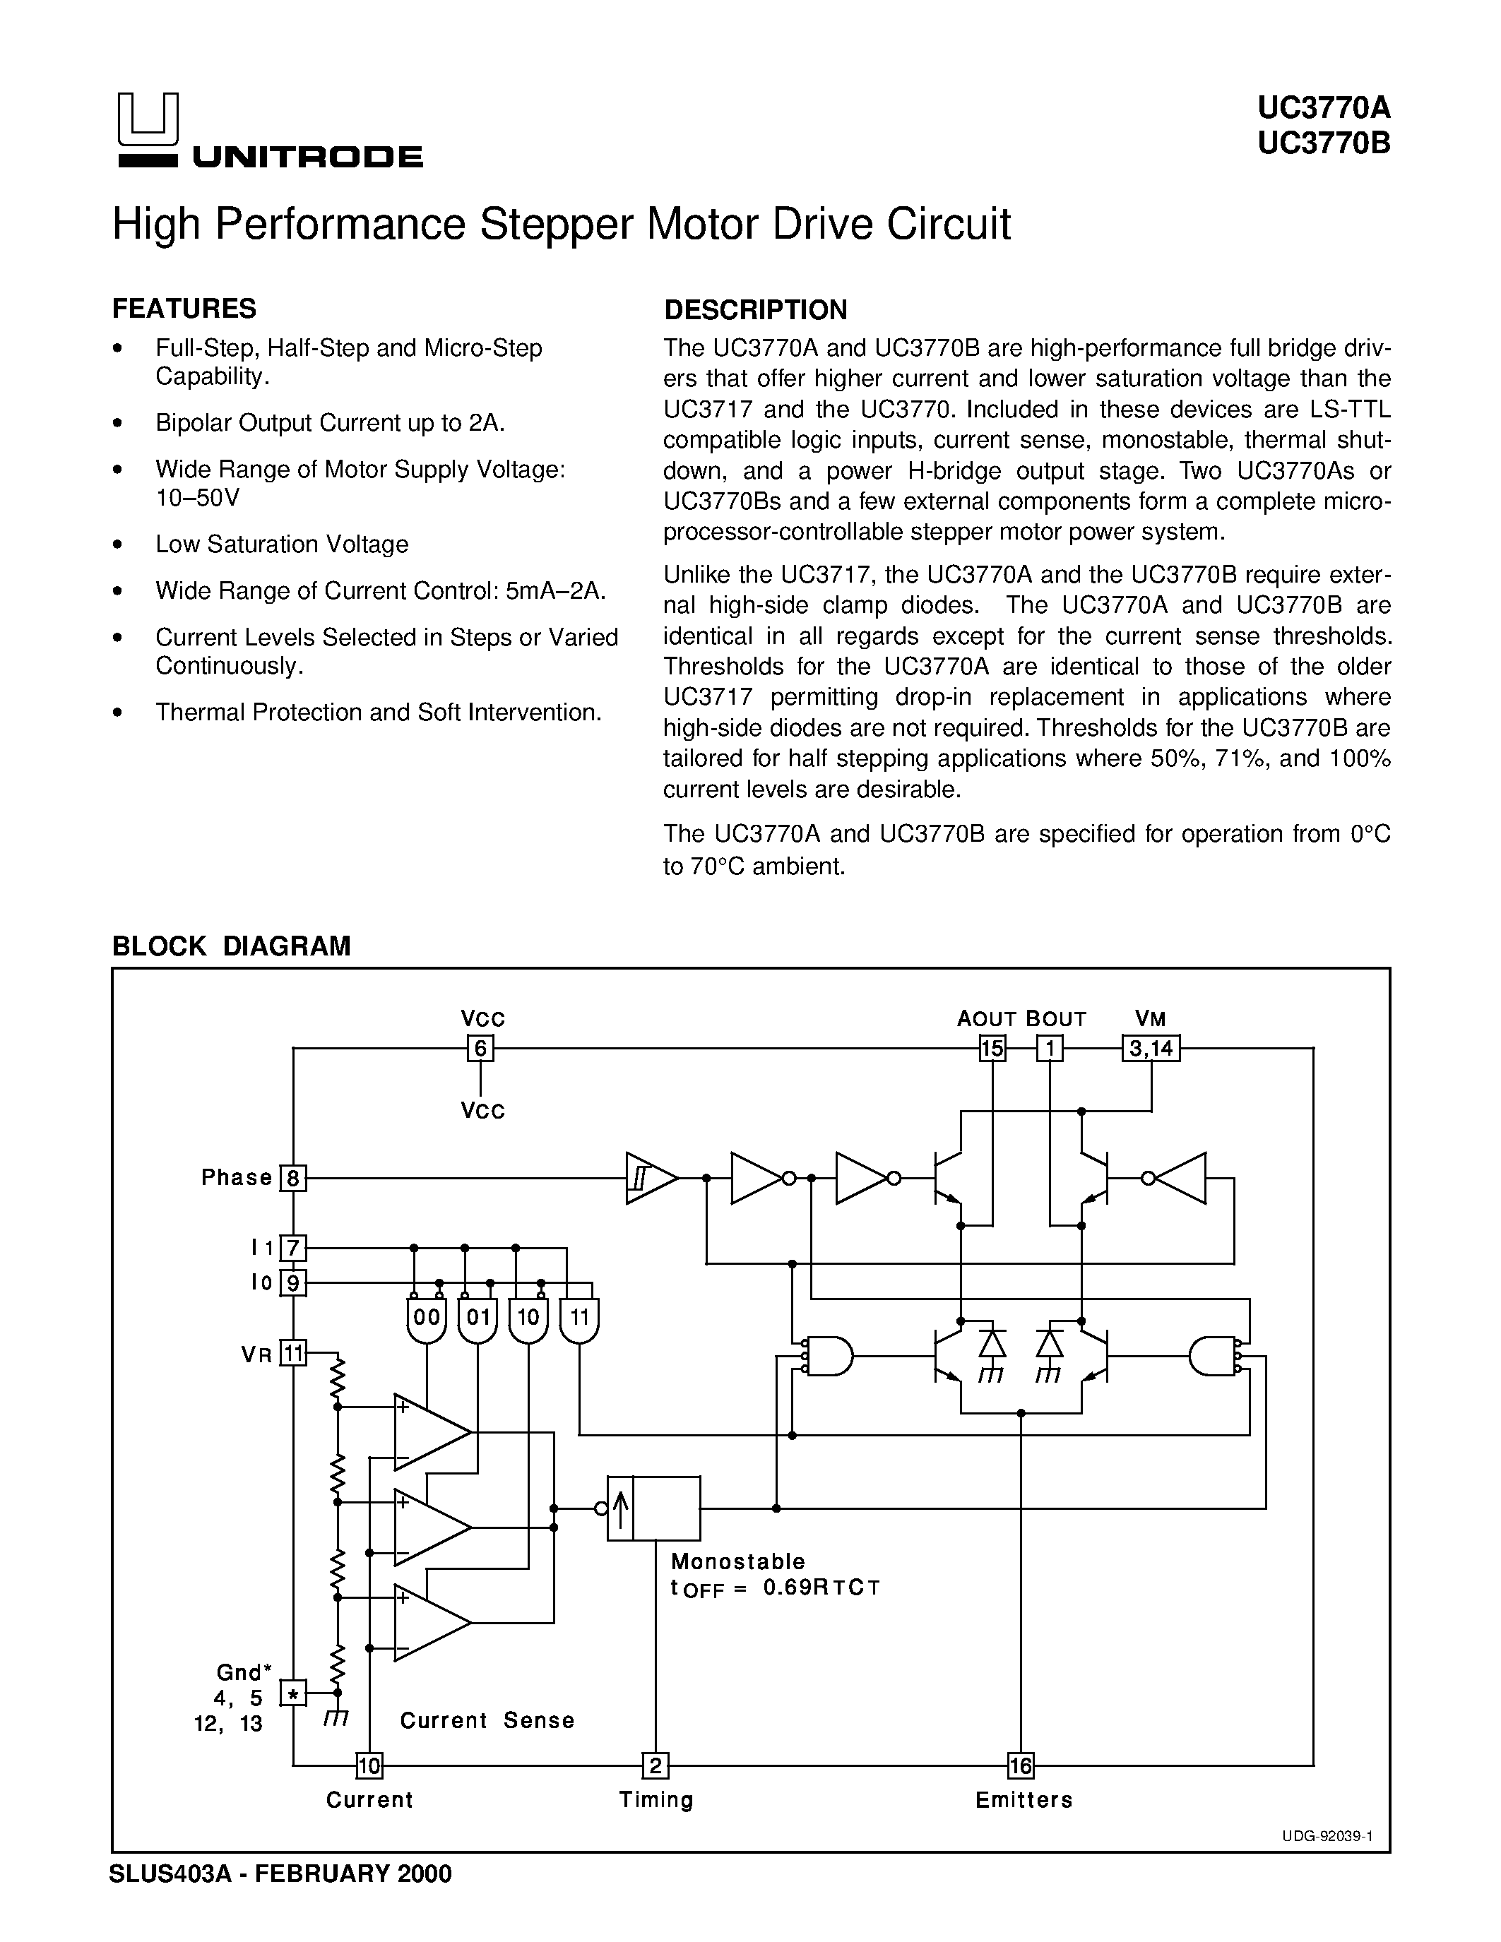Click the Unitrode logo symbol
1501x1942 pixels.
pos(148,119)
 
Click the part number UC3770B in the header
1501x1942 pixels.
pos(1323,143)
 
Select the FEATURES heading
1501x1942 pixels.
pos(184,309)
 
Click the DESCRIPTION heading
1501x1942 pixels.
pos(756,310)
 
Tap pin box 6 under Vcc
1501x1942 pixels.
pos(480,1049)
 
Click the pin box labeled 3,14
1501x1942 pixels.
pos(1151,1049)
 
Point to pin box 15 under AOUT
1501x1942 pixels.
pos(992,1049)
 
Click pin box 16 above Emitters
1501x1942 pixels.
pos(1020,1764)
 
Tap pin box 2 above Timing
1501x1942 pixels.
pos(655,1764)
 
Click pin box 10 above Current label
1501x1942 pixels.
pos(368,1764)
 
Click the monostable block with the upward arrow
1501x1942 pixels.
pos(653,1508)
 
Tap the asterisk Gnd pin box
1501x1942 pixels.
pos(292,1693)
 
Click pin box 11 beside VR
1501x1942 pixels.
pos(292,1353)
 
